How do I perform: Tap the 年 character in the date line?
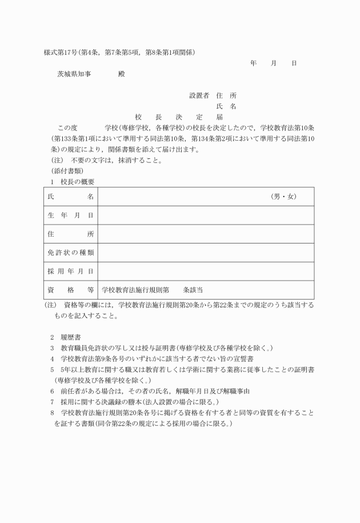(x=253, y=63)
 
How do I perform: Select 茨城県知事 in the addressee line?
(x=73, y=74)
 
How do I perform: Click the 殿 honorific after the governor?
(x=121, y=74)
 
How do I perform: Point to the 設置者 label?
(x=199, y=95)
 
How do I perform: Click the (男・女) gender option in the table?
(x=283, y=197)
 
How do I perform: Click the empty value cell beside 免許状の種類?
(x=206, y=252)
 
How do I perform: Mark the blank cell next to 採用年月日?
(x=206, y=271)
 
